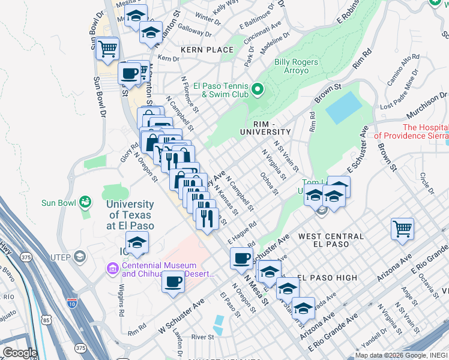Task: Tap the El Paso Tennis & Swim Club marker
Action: tap(258, 90)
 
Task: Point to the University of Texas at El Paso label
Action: tap(130, 215)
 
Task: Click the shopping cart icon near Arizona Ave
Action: tap(402, 229)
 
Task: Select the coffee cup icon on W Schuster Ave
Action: tap(173, 281)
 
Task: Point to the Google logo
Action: tap(19, 353)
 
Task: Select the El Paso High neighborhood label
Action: tap(327, 278)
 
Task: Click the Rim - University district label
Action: tap(265, 127)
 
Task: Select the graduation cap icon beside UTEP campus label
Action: tap(137, 243)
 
